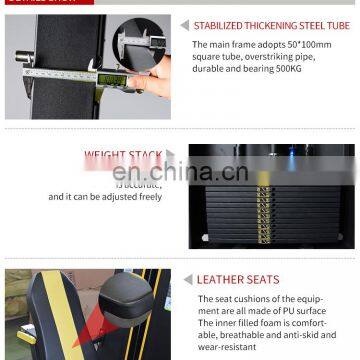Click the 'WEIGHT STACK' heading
[x=123, y=155]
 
